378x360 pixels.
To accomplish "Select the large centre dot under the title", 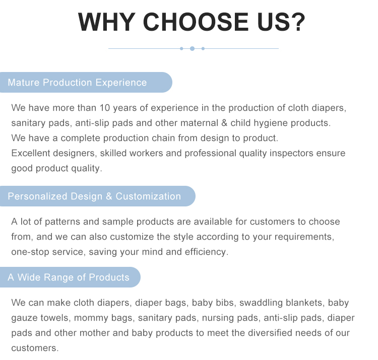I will click(x=192, y=48).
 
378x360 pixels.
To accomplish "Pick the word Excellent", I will click(x=31, y=153).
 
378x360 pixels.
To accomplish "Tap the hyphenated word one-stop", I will click(x=30, y=252).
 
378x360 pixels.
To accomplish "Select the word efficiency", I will click(x=207, y=252).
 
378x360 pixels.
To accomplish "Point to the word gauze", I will click(x=23, y=318).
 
